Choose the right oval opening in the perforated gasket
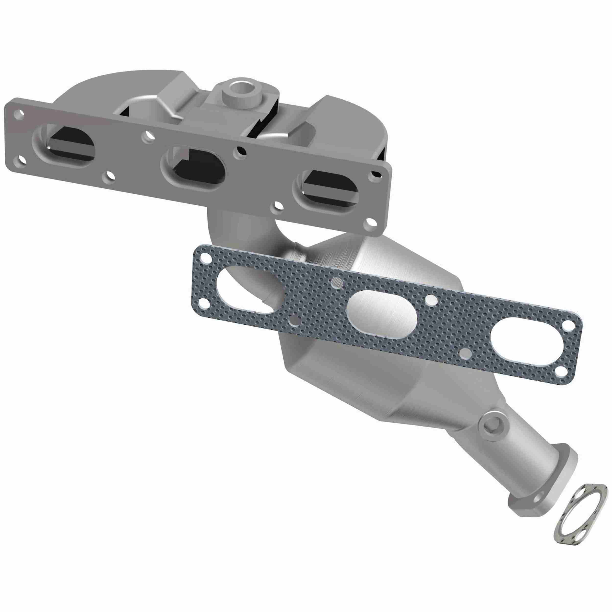click(x=523, y=340)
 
